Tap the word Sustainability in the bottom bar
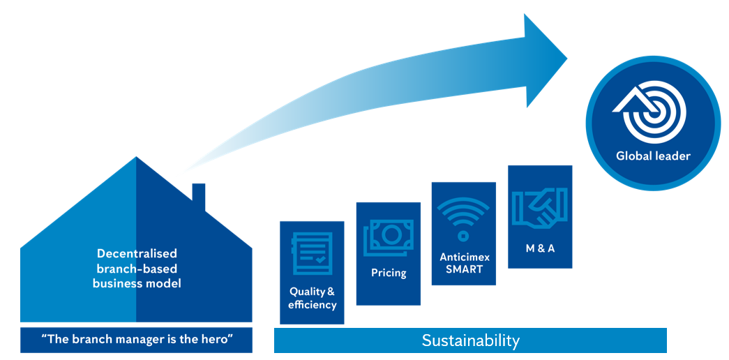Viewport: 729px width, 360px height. pos(470,340)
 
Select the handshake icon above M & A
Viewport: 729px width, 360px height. pos(540,208)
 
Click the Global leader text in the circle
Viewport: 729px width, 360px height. pos(653,156)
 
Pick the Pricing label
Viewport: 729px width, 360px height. pos(389,273)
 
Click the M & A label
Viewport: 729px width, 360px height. pos(540,248)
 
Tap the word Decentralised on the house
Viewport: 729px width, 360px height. pos(137,253)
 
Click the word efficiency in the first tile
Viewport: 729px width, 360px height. pos(312,305)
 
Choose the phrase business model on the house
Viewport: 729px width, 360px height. pos(137,283)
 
